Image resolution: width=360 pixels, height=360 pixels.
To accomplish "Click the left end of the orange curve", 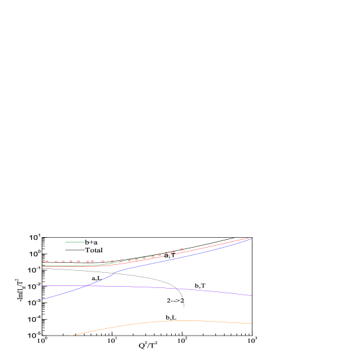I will click(71, 336).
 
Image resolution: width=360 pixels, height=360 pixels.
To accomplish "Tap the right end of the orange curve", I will click(252, 323).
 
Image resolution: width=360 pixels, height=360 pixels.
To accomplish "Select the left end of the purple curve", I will click(42, 285).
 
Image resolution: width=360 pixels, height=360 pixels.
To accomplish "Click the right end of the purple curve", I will click(252, 295).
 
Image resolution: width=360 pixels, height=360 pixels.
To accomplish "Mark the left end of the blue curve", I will click(42, 299).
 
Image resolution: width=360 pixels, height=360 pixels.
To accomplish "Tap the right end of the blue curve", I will click(250, 239).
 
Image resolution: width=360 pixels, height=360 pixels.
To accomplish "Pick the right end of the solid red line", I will click(250, 238).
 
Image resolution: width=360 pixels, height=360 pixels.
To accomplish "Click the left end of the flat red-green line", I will click(42, 266).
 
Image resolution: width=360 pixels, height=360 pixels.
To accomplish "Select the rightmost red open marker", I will click(182, 250).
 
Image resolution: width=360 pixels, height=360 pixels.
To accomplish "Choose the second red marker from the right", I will click(174, 252).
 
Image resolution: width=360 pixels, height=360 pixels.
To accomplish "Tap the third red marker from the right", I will click(166, 253).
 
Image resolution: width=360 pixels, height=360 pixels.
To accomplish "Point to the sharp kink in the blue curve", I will click(116, 271).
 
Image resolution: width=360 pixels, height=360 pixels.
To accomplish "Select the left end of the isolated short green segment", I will click(65, 242).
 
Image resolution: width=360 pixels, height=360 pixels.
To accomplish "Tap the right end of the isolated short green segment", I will click(85, 242).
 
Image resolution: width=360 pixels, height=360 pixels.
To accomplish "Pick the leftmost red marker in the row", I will click(43, 262).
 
